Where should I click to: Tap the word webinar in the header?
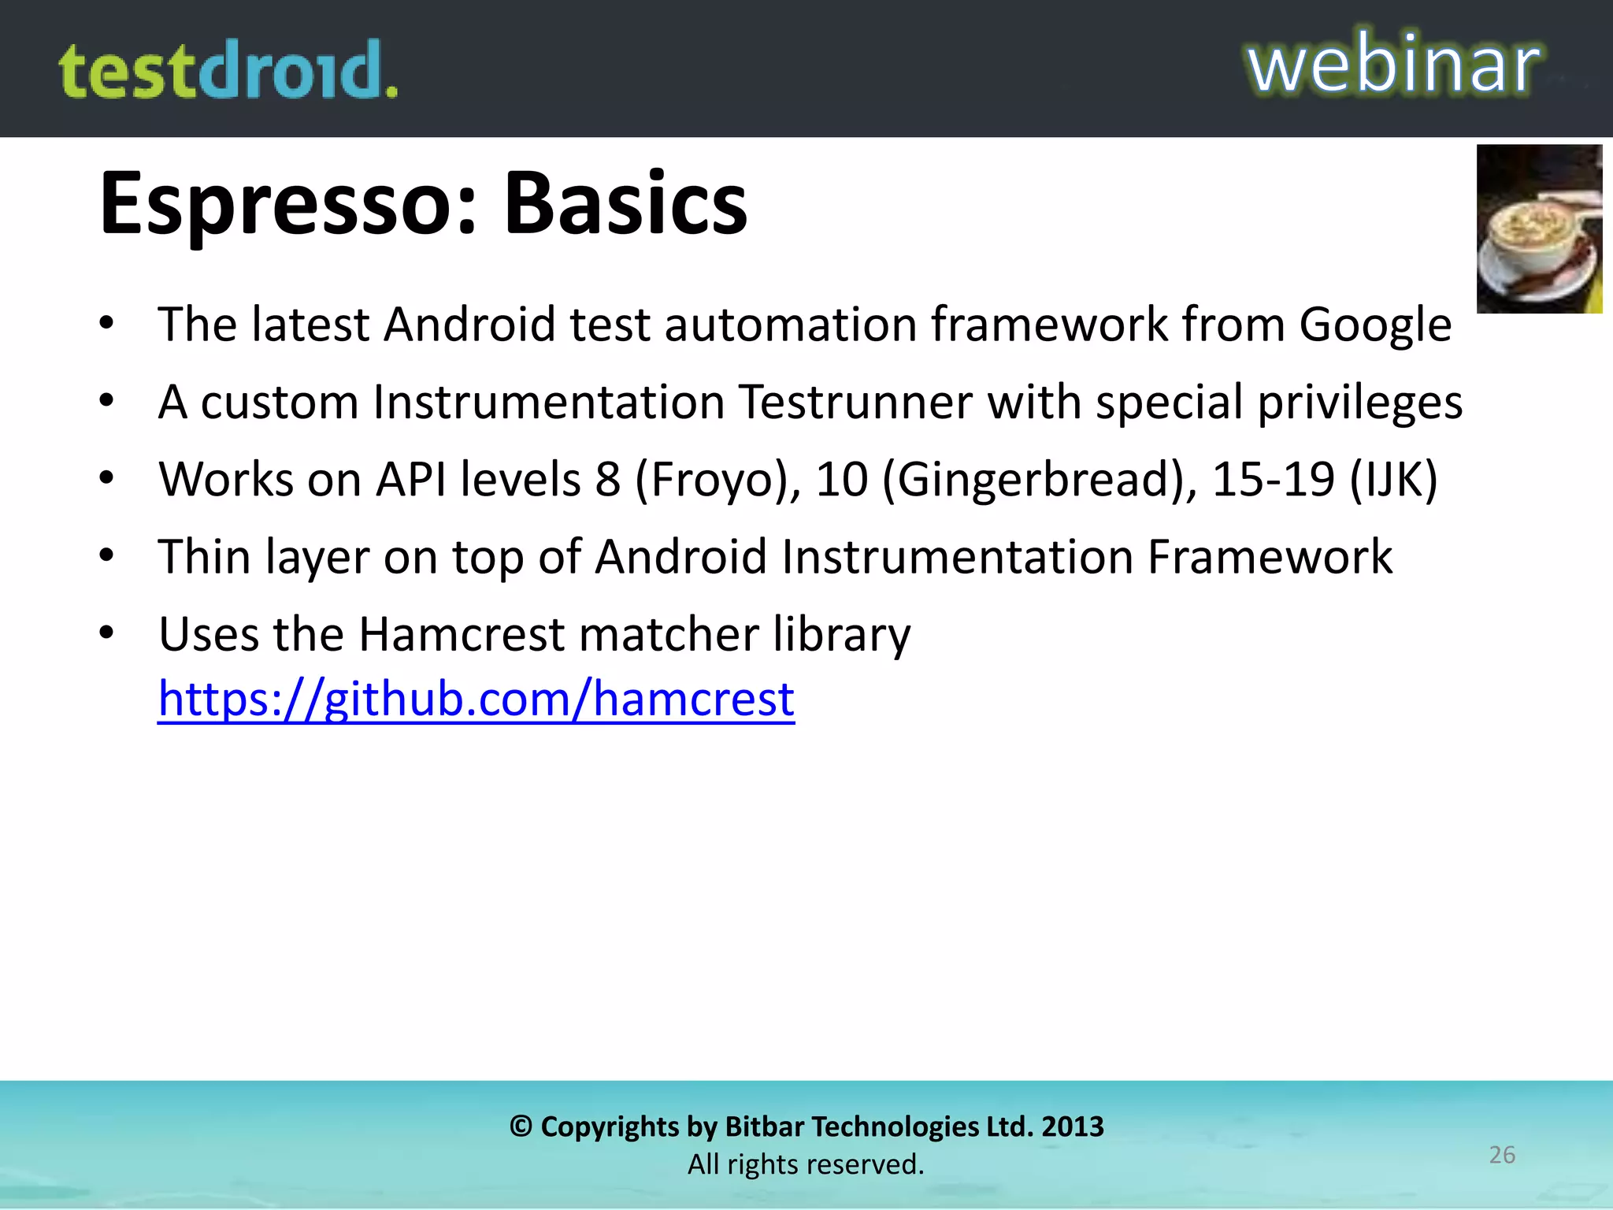click(x=1393, y=65)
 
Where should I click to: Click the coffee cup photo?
click(x=1539, y=229)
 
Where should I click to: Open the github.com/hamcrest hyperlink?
click(x=476, y=699)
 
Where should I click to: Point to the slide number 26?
click(x=1502, y=1155)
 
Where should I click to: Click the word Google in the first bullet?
click(x=1375, y=325)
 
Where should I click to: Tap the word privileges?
click(x=1359, y=402)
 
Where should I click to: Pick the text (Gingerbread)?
click(x=1040, y=479)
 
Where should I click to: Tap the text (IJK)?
click(x=1394, y=479)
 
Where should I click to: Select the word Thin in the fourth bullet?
click(x=204, y=557)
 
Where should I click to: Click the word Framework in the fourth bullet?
click(x=1270, y=557)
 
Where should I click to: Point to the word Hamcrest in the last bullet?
click(x=462, y=634)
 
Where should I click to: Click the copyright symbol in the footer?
click(x=521, y=1126)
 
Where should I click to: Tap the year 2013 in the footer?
click(x=1073, y=1126)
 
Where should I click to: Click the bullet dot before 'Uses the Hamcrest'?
click(x=107, y=633)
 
